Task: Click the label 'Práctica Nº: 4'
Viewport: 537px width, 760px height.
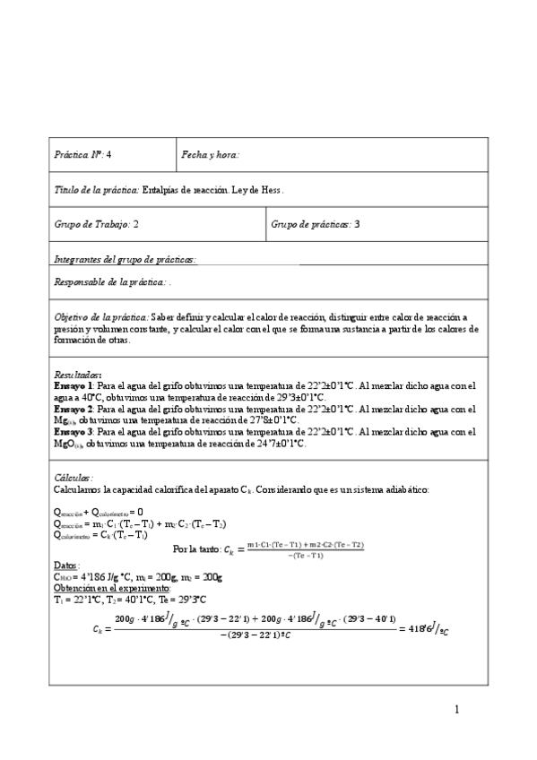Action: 83,154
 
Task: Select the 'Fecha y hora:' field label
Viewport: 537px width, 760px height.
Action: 211,154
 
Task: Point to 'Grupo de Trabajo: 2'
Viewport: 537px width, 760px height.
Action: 97,225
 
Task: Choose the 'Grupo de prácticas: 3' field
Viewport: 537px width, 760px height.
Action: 315,225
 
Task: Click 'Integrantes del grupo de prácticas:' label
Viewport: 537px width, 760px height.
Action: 125,259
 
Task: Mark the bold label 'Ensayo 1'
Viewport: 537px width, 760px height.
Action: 72,385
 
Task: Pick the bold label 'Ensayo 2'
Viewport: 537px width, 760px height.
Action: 72,409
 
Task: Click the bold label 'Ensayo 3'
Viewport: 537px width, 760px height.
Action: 72,432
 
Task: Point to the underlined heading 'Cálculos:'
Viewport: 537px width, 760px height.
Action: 74,479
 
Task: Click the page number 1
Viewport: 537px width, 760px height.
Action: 456,711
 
